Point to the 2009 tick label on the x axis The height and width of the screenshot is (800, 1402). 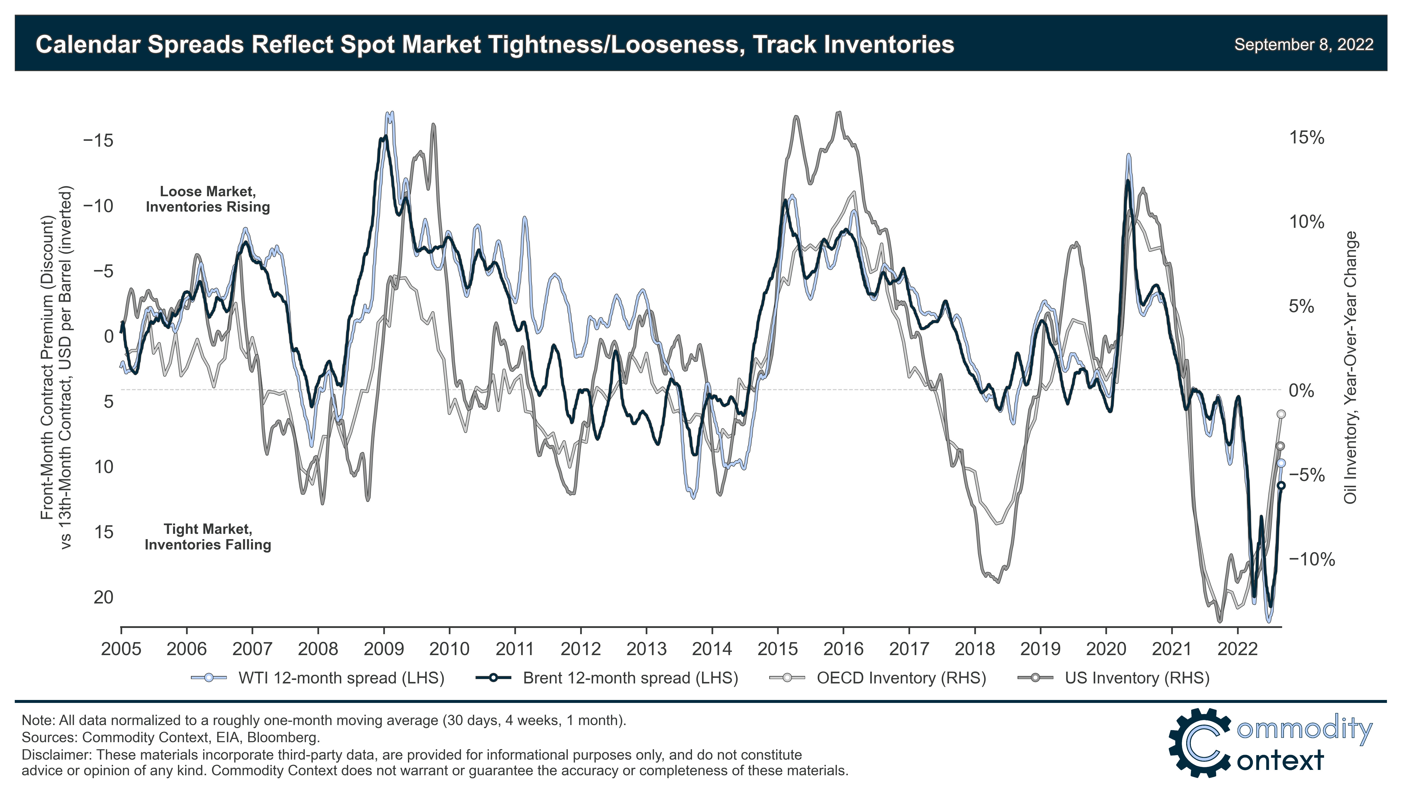(383, 649)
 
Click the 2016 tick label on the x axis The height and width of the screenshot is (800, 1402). (843, 649)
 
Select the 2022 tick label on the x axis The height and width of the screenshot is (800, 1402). (1237, 649)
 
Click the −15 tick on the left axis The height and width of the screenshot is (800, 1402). (98, 141)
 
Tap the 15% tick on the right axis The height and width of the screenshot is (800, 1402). (1306, 138)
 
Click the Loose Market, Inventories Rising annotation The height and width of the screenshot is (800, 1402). (208, 199)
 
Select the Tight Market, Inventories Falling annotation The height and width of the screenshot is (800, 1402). (208, 537)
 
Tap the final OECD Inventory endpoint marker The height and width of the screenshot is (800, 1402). (1281, 414)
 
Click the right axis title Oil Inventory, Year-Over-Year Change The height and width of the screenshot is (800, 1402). (1350, 367)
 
